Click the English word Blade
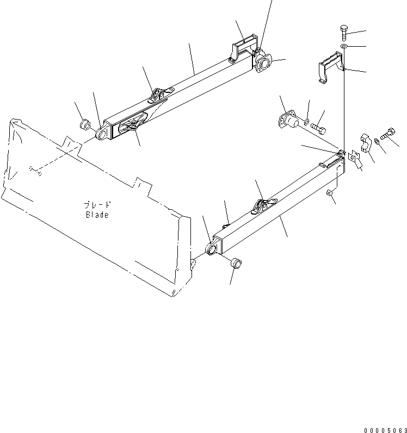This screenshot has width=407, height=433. point(97,215)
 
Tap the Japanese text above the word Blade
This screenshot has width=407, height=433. point(97,205)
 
